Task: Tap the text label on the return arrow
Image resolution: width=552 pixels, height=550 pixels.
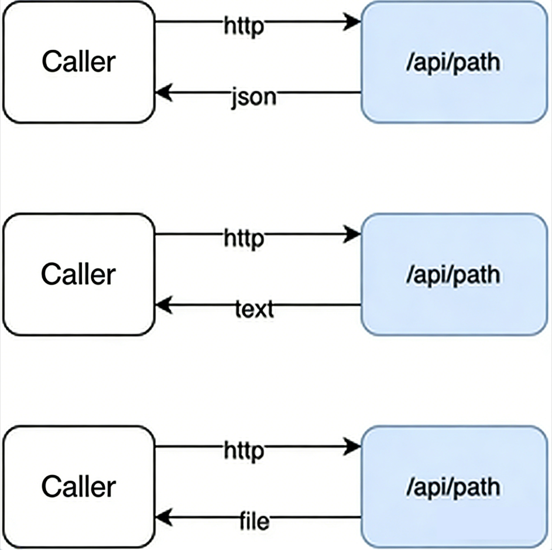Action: tap(255, 308)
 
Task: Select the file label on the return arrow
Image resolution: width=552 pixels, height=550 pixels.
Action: tap(254, 520)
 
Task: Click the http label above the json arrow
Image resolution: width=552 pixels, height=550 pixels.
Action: tap(244, 26)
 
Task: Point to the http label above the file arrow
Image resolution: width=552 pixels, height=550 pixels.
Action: tap(244, 450)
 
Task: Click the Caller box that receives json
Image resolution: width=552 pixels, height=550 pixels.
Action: tap(78, 62)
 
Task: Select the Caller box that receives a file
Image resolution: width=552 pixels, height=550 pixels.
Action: tap(78, 487)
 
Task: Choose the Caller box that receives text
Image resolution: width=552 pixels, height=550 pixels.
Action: tap(78, 274)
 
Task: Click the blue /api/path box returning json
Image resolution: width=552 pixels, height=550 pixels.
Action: tap(454, 62)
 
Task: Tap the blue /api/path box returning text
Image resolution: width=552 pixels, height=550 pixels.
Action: tap(454, 274)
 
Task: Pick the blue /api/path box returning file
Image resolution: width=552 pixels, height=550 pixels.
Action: tap(454, 487)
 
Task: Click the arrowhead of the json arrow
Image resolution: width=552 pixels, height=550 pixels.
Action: tap(163, 93)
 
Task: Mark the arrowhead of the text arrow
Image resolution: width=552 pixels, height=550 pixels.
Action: tap(163, 305)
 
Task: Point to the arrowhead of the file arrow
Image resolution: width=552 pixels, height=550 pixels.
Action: tap(163, 517)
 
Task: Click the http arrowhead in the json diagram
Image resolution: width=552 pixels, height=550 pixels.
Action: tap(353, 22)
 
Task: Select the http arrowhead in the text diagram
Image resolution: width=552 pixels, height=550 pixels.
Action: tap(353, 235)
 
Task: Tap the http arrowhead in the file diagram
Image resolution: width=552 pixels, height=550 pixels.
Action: tap(353, 447)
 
